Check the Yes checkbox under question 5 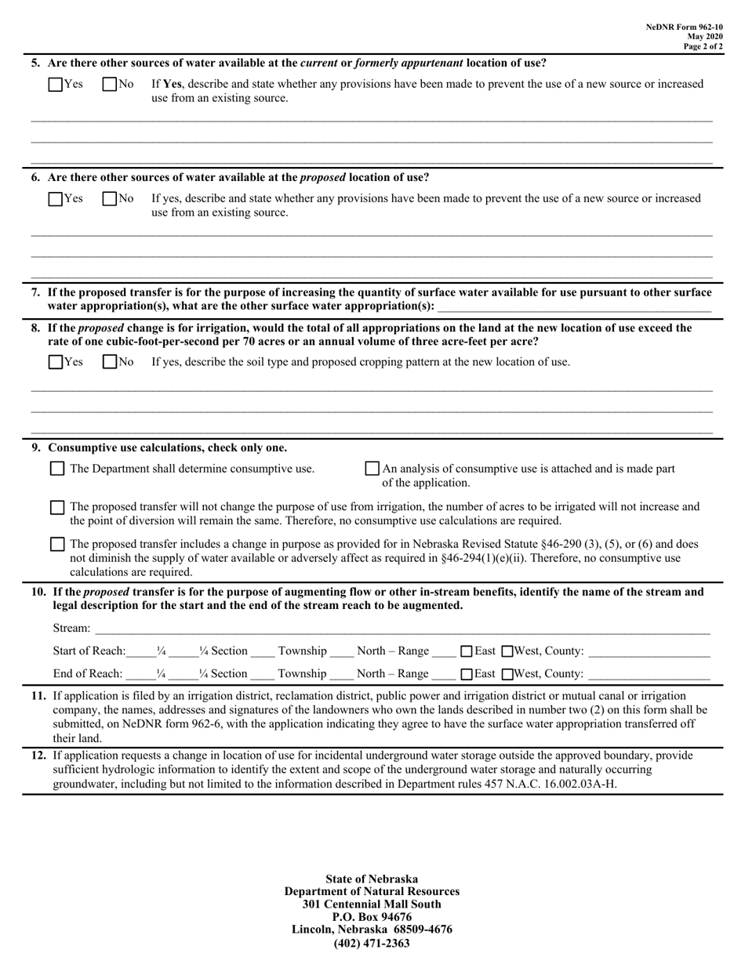[x=56, y=84]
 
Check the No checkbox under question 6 [x=110, y=199]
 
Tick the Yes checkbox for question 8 [x=56, y=362]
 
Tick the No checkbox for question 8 [x=110, y=362]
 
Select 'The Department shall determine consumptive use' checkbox [x=57, y=469]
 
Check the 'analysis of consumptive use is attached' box [x=372, y=469]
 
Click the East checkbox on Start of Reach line [x=466, y=651]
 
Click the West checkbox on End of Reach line [x=507, y=674]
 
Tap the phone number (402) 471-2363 [x=372, y=943]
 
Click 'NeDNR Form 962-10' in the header [x=684, y=27]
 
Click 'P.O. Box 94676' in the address [x=372, y=917]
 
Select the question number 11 [x=38, y=696]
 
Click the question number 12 [x=38, y=756]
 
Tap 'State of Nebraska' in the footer [x=372, y=879]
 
